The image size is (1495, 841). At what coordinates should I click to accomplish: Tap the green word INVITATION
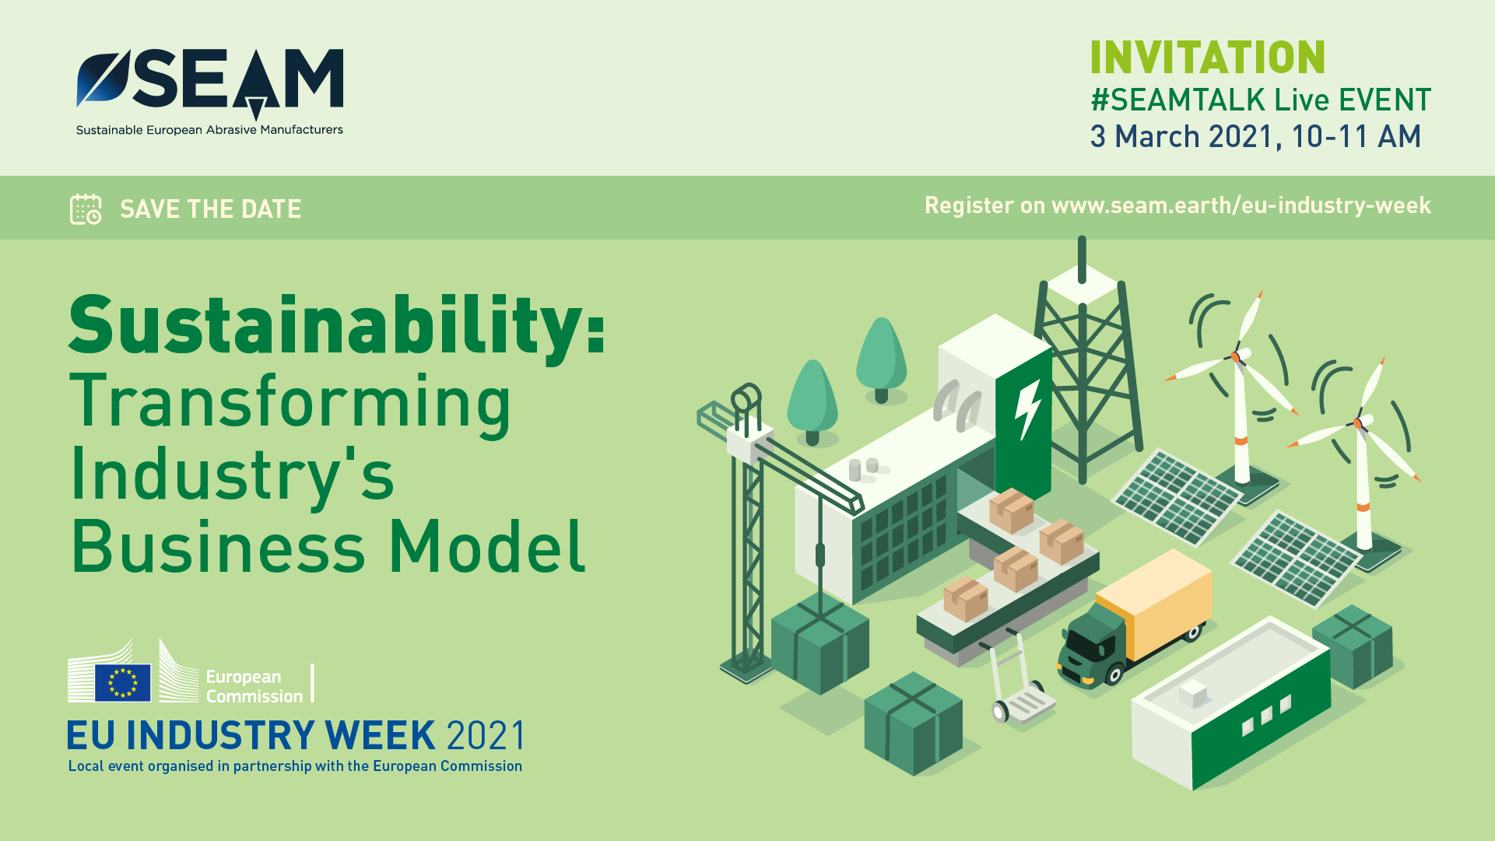click(1207, 58)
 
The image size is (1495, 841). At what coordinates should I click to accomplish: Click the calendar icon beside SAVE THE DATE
click(86, 209)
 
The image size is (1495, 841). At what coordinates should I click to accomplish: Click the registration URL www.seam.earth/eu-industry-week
click(1241, 205)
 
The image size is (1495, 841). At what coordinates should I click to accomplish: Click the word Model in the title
click(486, 546)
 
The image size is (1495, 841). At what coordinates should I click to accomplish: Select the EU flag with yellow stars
click(123, 682)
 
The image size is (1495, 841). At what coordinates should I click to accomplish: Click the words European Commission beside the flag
click(254, 686)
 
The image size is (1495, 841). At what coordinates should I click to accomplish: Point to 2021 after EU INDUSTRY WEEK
click(486, 735)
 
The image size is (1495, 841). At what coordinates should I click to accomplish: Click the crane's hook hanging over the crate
click(819, 555)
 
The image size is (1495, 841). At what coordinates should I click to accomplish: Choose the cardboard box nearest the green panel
click(1011, 510)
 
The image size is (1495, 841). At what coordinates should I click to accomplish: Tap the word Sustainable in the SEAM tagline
click(109, 130)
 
